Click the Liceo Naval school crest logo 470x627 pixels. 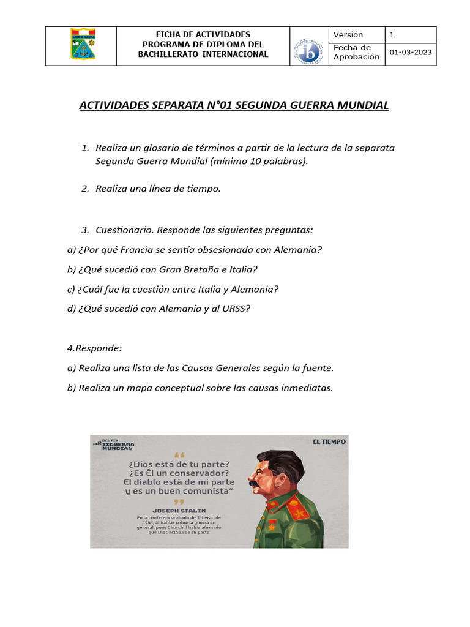coord(83,45)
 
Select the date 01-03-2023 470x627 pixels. coord(411,52)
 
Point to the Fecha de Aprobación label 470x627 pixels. coord(356,52)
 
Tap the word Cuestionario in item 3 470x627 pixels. coord(124,230)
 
